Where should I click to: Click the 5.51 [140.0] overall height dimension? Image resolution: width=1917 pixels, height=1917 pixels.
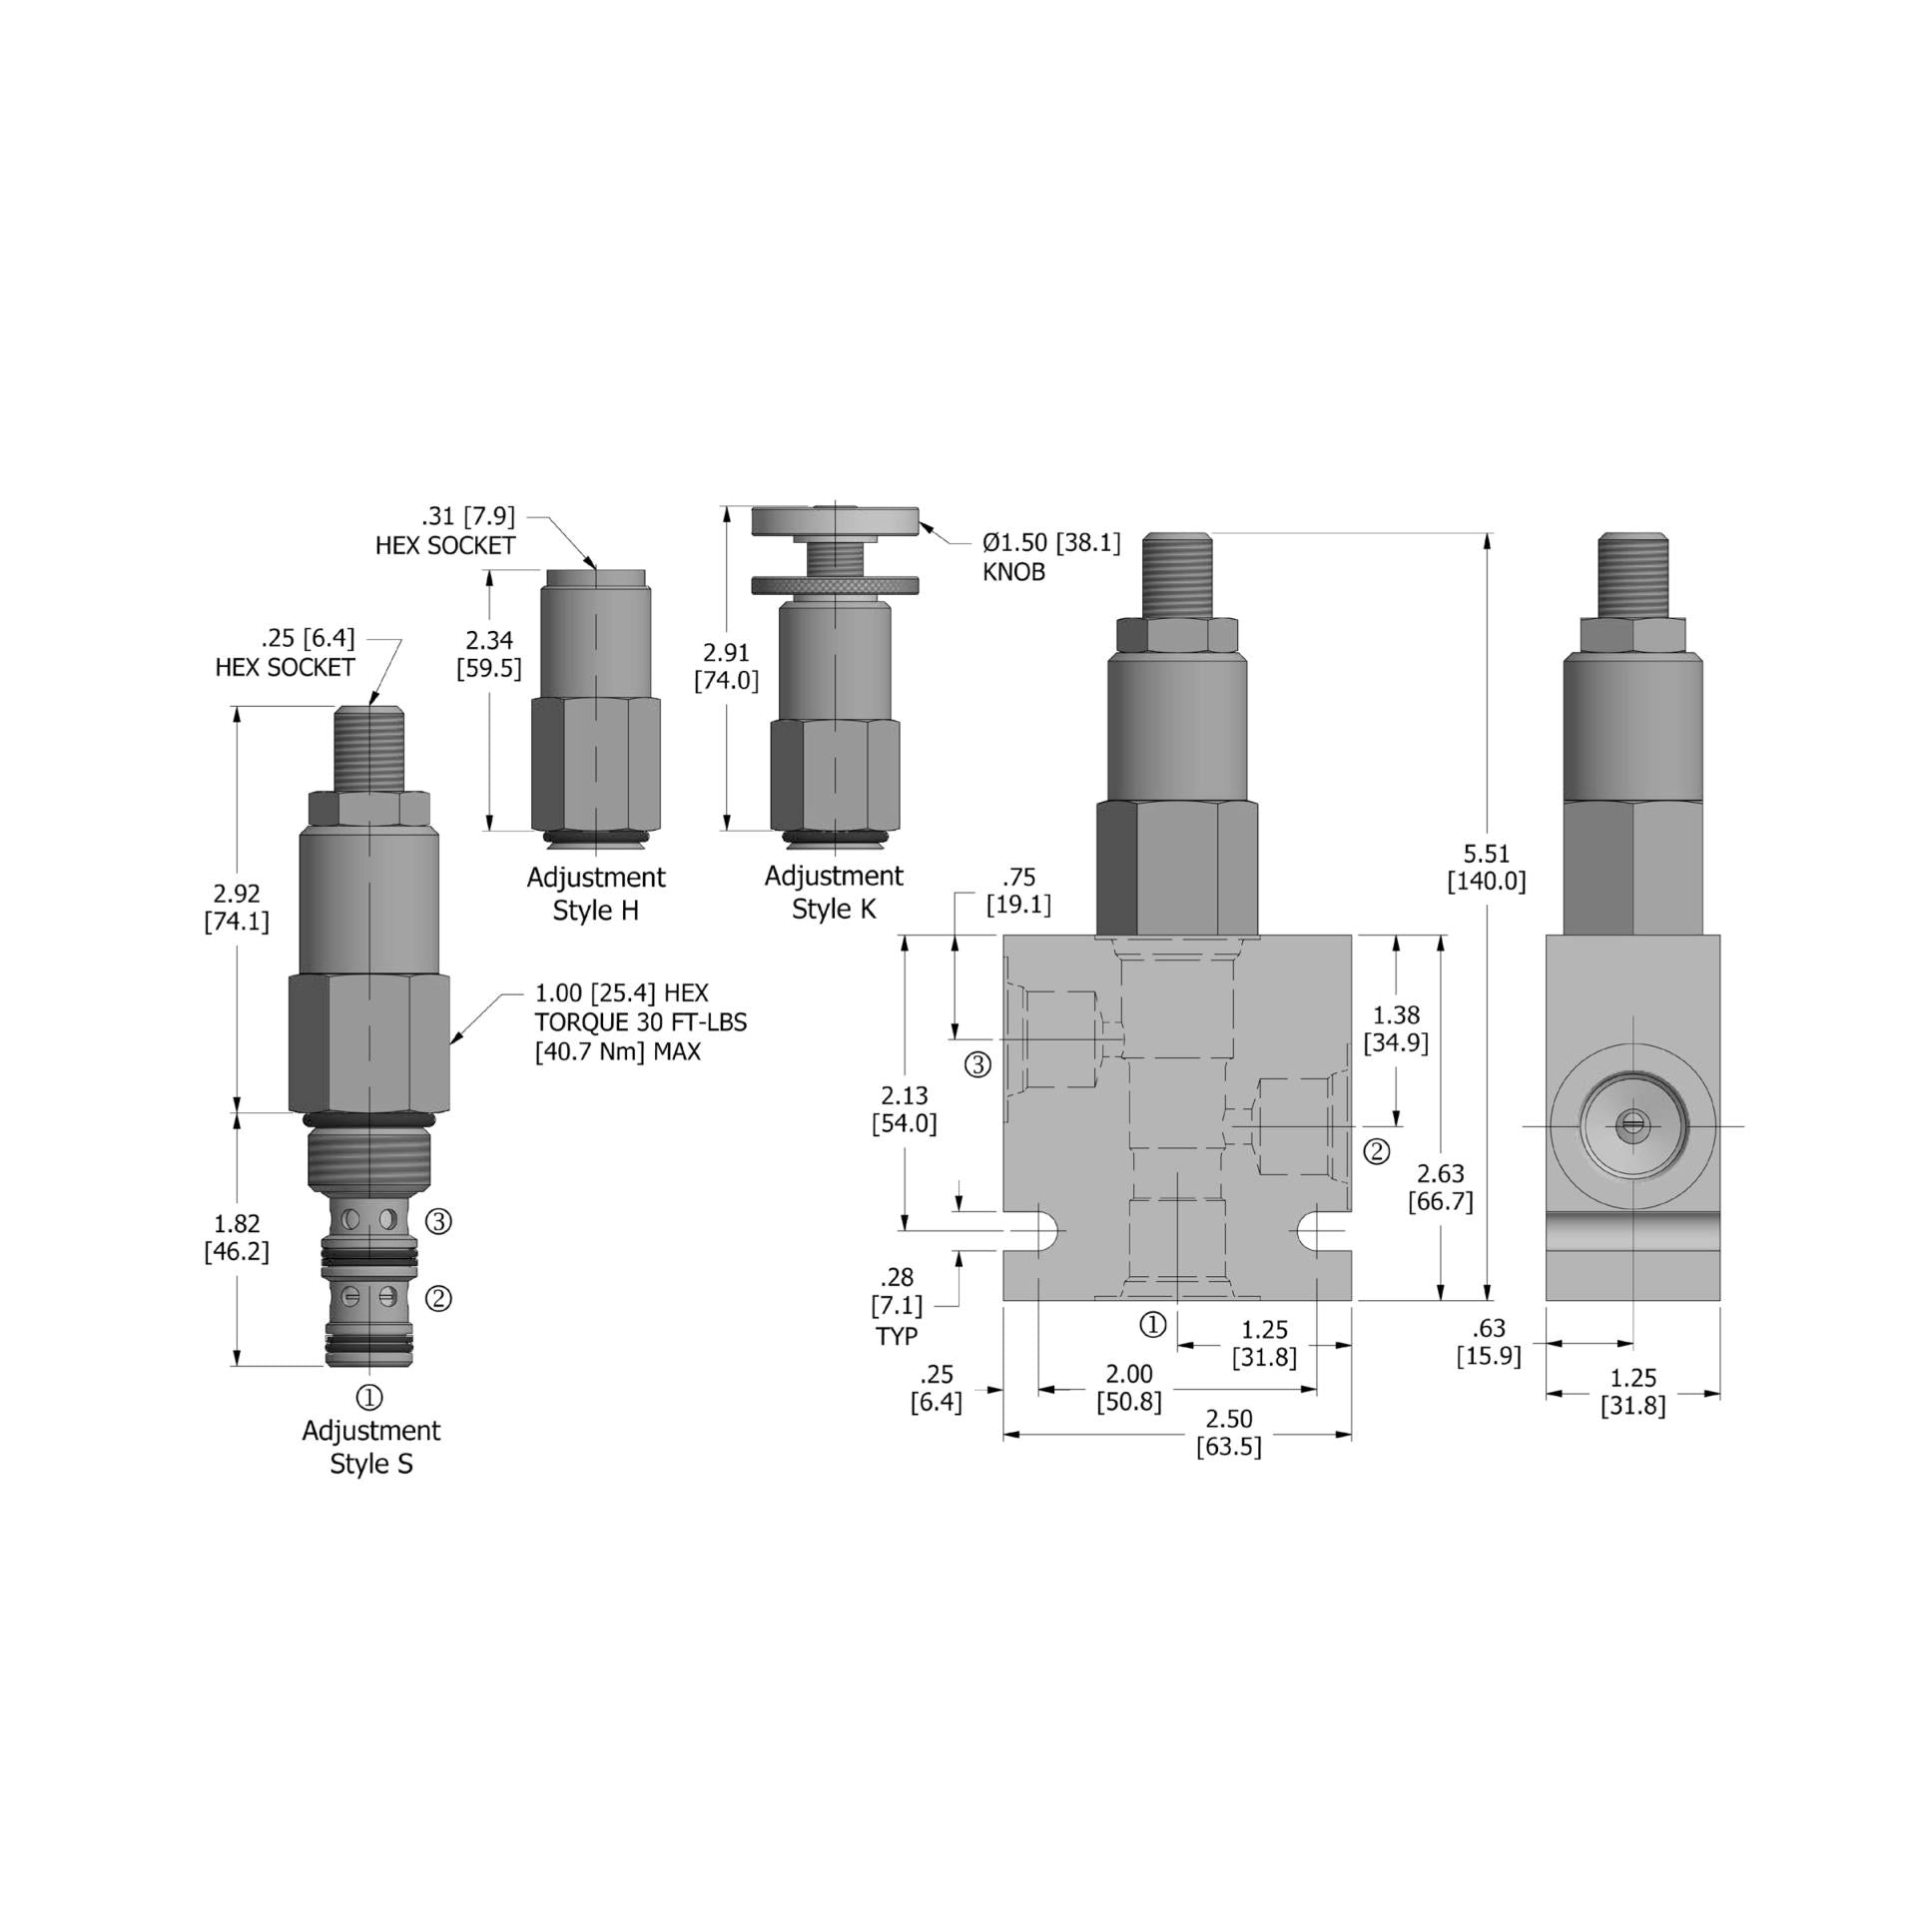point(1487,868)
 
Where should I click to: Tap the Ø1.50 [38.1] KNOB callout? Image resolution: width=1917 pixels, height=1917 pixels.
point(1049,557)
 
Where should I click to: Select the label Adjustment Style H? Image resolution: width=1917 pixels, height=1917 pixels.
point(595,894)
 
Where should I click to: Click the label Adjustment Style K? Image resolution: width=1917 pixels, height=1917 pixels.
point(834,893)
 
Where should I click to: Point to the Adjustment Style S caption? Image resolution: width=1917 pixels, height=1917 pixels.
point(370,1447)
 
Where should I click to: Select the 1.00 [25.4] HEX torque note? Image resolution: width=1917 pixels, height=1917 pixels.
point(640,1021)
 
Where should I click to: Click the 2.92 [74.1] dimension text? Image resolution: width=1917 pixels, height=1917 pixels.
point(237,908)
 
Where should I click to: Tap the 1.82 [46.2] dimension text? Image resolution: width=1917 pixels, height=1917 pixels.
point(237,1237)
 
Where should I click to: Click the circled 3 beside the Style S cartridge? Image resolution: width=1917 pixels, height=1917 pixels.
point(438,1220)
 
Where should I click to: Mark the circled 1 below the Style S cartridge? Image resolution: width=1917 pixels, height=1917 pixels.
point(369,1396)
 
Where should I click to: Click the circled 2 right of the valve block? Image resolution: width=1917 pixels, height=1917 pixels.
point(1377,1151)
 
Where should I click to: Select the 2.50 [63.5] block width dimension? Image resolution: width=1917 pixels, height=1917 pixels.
point(1228,1433)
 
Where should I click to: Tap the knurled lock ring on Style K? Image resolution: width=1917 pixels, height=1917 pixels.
point(834,585)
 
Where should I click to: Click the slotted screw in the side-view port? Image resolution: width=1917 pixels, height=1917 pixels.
point(1633,1125)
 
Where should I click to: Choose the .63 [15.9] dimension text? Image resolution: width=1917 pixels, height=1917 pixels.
point(1488,1342)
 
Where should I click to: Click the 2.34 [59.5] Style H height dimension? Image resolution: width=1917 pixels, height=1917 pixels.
point(489,655)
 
